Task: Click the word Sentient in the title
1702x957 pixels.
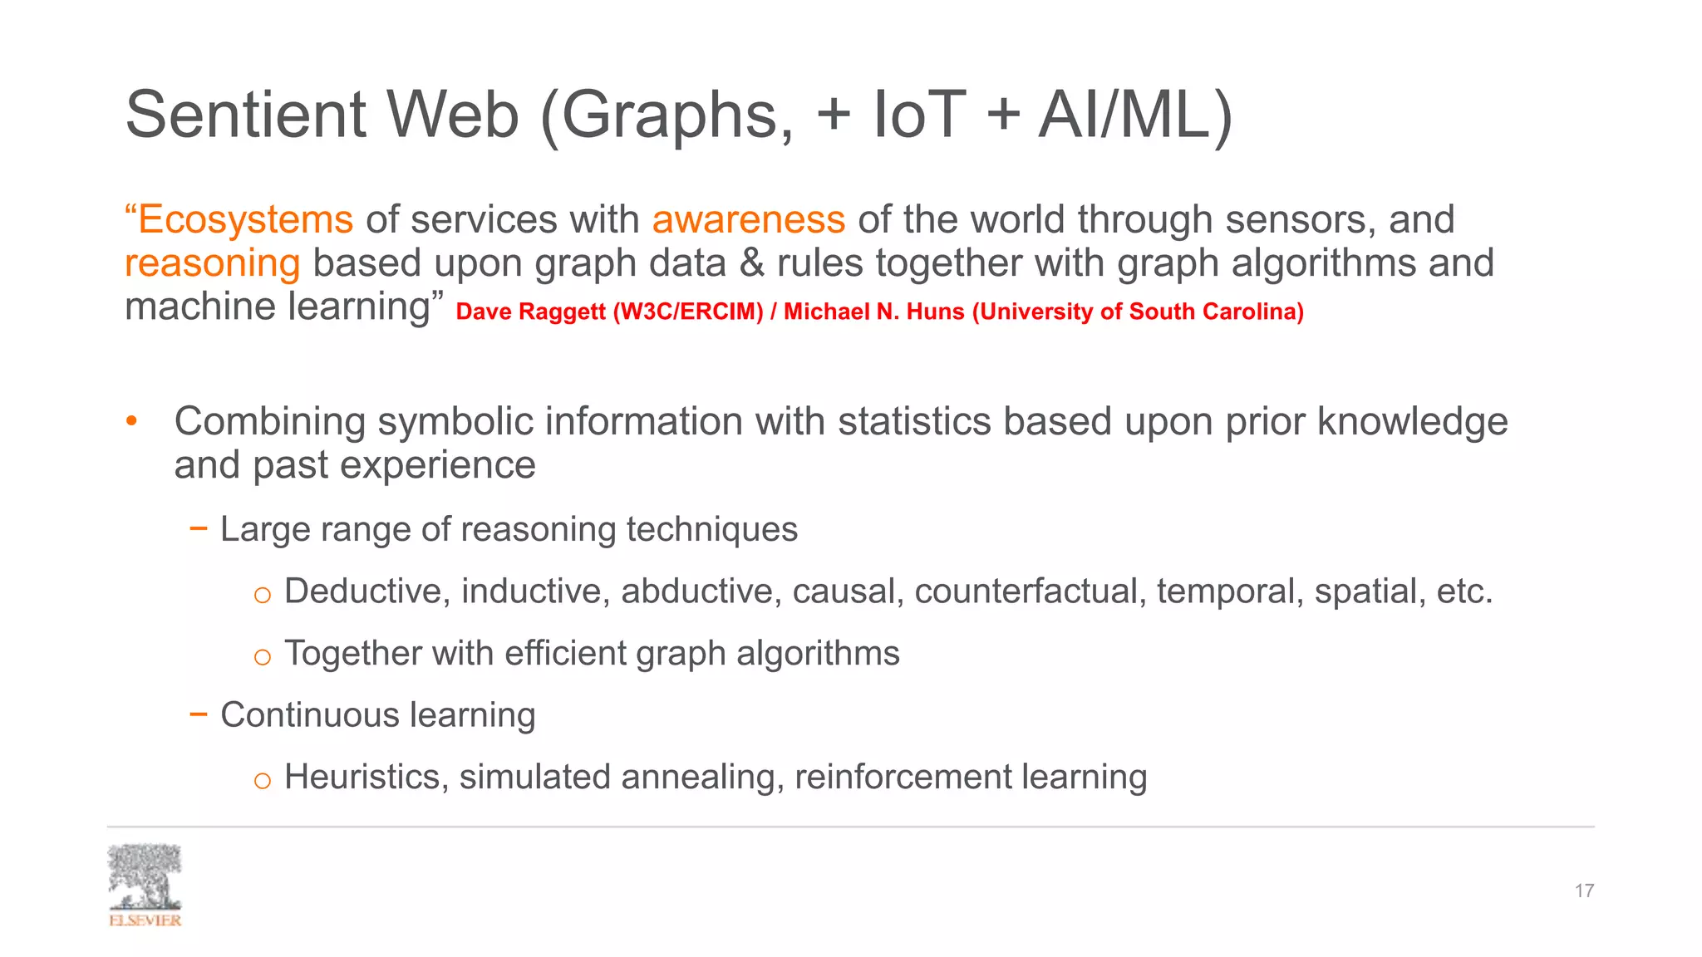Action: pyautogui.click(x=245, y=115)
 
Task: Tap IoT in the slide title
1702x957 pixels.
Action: pyautogui.click(x=919, y=115)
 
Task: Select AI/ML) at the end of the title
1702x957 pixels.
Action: pyautogui.click(x=1135, y=115)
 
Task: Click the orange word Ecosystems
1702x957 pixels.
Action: pyautogui.click(x=245, y=220)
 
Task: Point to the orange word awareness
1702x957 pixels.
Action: pyautogui.click(x=748, y=220)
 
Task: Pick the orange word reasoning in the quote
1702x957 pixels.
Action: pyautogui.click(x=213, y=263)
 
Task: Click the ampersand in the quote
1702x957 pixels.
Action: pyautogui.click(x=751, y=263)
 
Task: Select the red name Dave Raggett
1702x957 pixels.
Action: pyautogui.click(x=530, y=312)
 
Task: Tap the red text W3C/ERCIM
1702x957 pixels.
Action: pyautogui.click(x=688, y=312)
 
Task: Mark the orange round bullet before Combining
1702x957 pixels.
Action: pyautogui.click(x=131, y=421)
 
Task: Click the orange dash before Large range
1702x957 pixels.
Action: pyautogui.click(x=198, y=528)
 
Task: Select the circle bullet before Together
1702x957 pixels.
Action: pyautogui.click(x=262, y=657)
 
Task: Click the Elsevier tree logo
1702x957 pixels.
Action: pyautogui.click(x=145, y=883)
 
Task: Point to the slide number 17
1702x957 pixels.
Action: pyautogui.click(x=1583, y=891)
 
